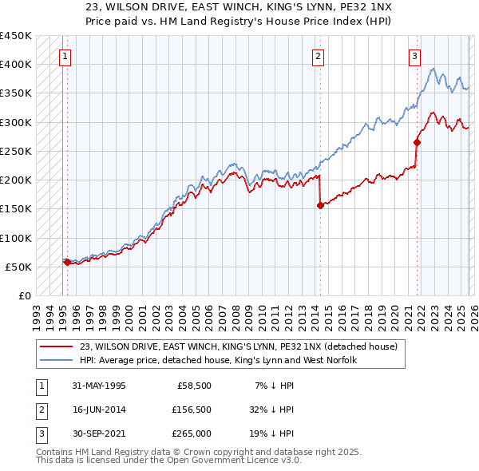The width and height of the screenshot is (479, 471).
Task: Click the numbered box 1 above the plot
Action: [x=65, y=56]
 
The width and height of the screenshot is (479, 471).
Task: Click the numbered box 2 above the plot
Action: [x=318, y=56]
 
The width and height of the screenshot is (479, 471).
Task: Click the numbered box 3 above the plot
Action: [x=415, y=56]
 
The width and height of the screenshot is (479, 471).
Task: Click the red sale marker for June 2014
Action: [x=320, y=205]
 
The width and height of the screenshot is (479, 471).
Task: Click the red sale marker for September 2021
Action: [x=417, y=142]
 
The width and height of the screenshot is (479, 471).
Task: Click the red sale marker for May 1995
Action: [x=66, y=262]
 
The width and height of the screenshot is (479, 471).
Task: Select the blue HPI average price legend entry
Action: [x=218, y=360]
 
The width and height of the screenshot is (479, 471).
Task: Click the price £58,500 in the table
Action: [x=194, y=385]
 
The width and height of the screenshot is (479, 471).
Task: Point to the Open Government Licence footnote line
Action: [x=169, y=461]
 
